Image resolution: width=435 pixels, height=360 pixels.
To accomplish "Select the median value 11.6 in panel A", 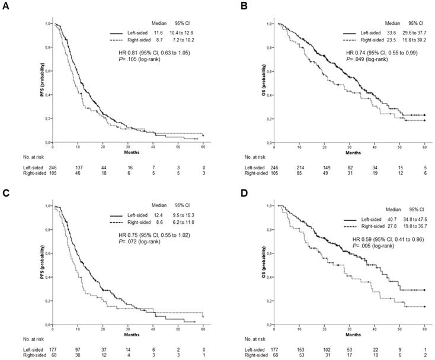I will [x=158, y=33].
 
